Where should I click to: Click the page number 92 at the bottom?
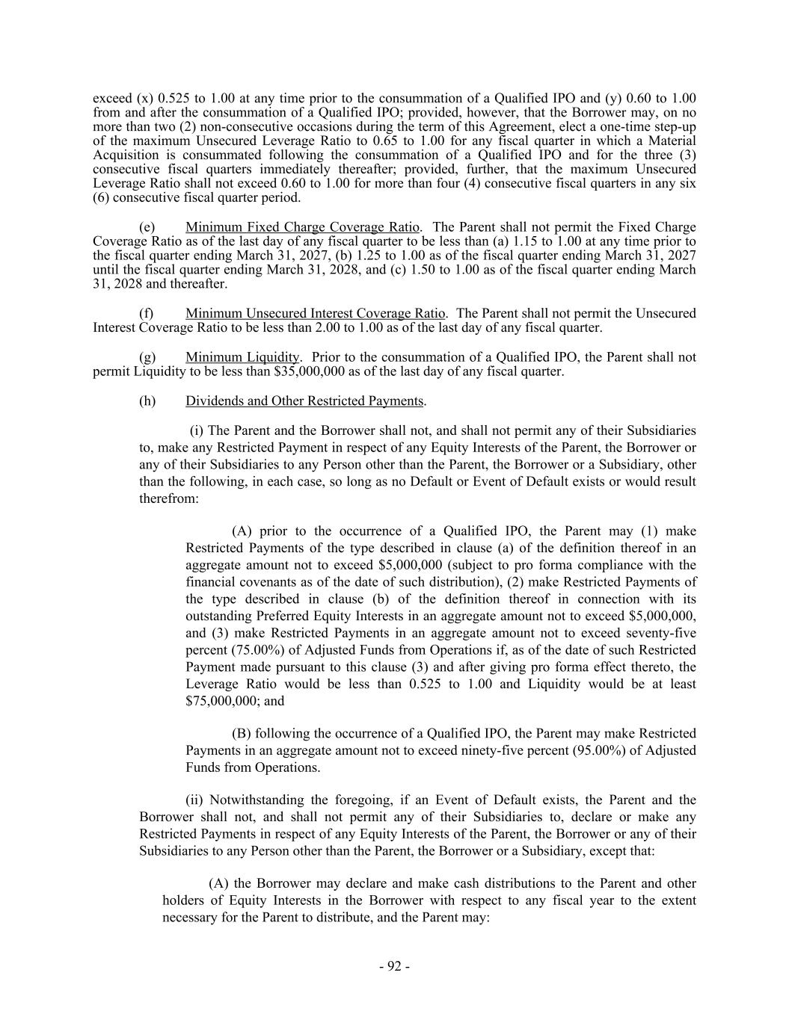pos(394,966)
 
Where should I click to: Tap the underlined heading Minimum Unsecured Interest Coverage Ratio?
pos(315,313)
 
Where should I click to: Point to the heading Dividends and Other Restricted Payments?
pos(304,401)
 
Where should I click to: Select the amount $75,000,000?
pos(221,702)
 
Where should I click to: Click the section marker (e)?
pos(147,227)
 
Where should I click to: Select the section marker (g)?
pos(147,357)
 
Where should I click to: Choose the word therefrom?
pos(168,498)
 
